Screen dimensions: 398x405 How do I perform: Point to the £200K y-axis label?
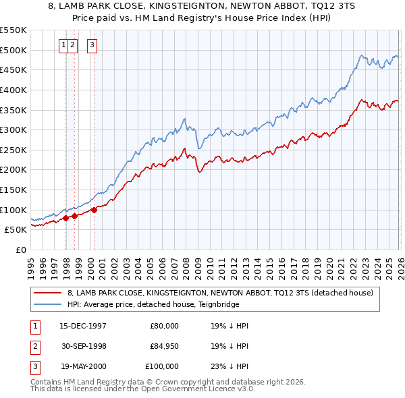pyautogui.click(x=13, y=169)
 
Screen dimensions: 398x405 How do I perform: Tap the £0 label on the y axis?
pyautogui.click(x=20, y=250)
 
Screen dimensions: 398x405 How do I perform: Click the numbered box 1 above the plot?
pyautogui.click(x=63, y=45)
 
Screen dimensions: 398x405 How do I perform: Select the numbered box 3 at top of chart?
pyautogui.click(x=91, y=45)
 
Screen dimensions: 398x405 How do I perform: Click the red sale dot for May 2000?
pyautogui.click(x=94, y=210)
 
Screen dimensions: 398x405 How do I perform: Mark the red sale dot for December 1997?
pyautogui.click(x=65, y=218)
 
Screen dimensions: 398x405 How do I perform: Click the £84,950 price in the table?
pyautogui.click(x=164, y=346)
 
